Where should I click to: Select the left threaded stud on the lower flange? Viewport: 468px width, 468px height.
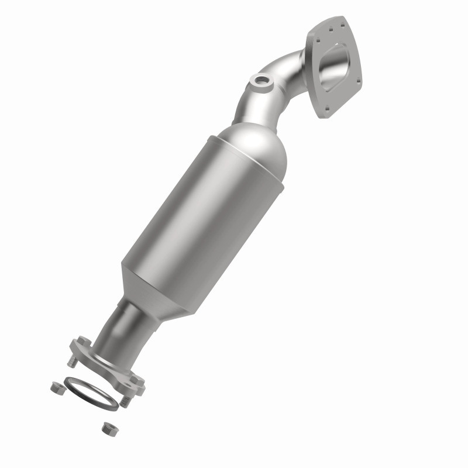[x=73, y=362]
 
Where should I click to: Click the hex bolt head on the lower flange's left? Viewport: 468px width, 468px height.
[x=82, y=342]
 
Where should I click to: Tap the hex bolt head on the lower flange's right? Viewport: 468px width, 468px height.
[x=138, y=380]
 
